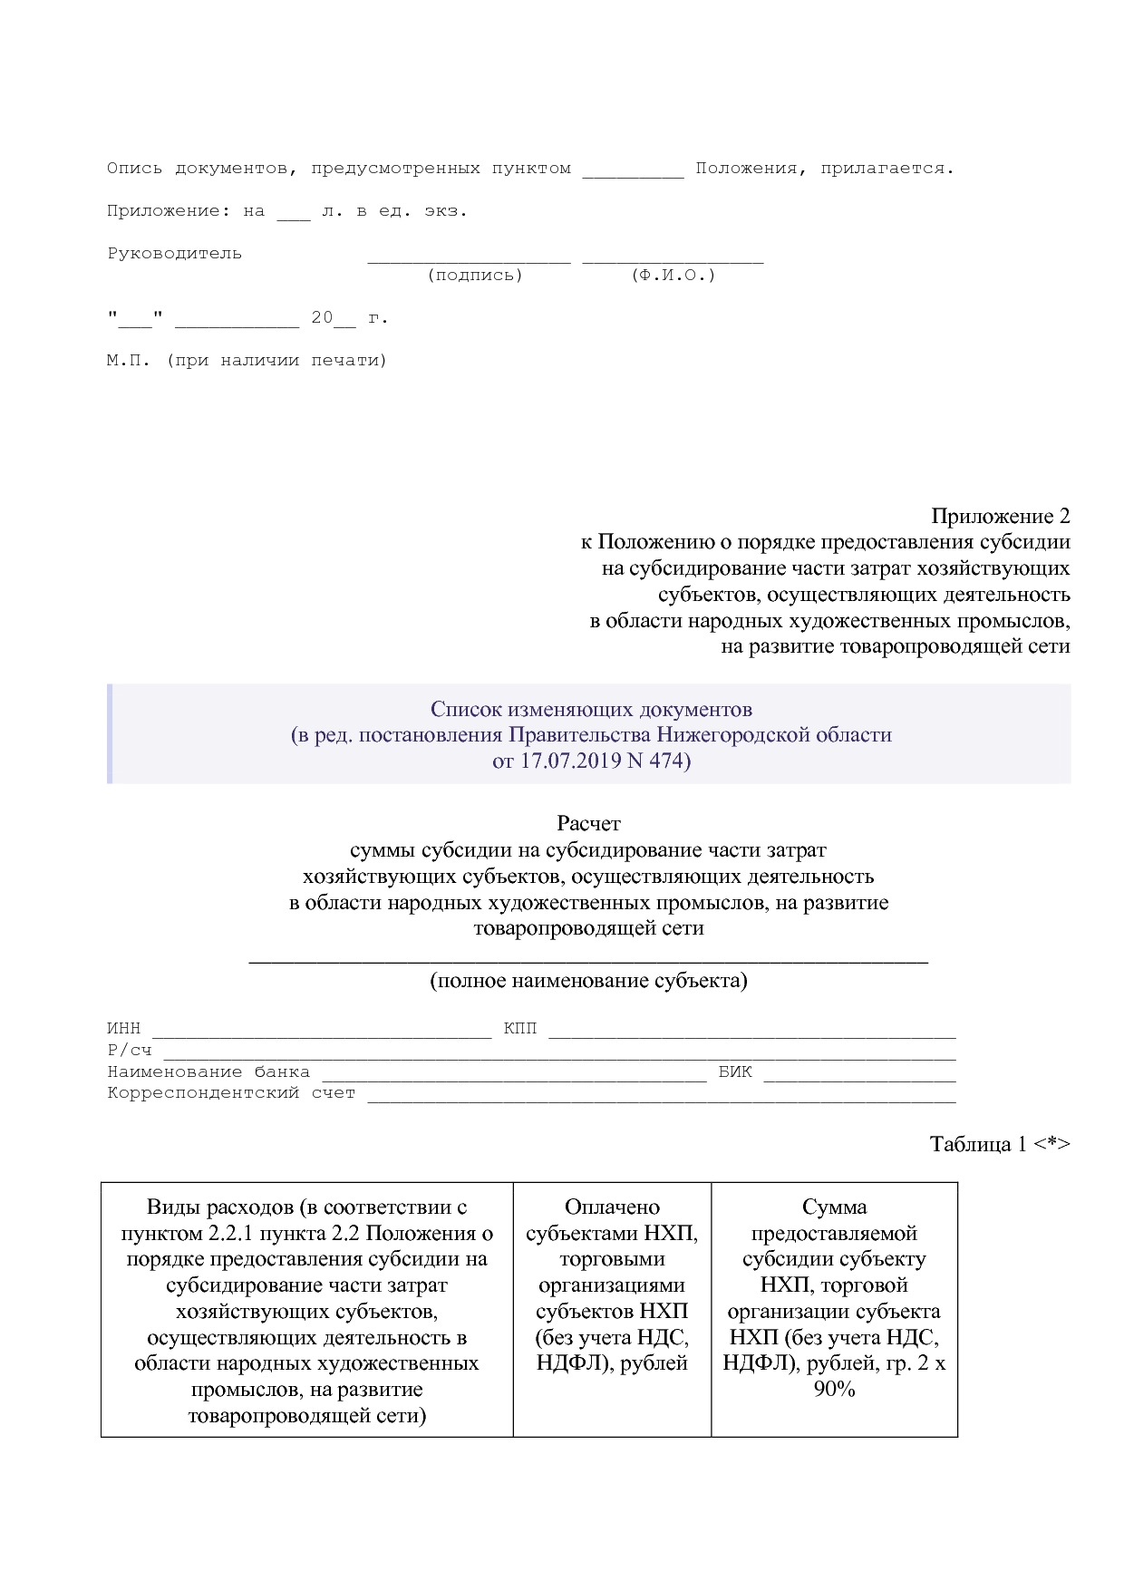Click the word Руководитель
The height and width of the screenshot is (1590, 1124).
174,254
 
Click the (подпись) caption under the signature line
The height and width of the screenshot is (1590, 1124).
474,276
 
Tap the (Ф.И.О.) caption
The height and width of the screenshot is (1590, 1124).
673,276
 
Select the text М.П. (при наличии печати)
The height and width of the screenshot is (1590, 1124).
247,361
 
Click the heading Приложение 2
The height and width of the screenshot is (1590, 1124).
1000,516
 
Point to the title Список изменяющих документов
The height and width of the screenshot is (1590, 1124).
591,709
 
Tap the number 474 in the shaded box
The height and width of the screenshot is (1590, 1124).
666,761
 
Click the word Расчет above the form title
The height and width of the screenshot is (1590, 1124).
588,823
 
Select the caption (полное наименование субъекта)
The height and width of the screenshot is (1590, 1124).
588,980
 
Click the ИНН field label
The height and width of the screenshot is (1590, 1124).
124,1029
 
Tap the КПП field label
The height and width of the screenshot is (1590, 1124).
519,1029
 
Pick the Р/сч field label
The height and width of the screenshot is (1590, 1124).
130,1051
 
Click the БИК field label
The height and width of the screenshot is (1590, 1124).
735,1071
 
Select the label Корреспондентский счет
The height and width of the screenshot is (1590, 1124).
231,1093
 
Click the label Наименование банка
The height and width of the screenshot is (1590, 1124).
208,1071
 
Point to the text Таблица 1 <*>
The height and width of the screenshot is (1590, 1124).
1000,1144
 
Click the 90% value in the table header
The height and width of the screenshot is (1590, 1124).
834,1389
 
